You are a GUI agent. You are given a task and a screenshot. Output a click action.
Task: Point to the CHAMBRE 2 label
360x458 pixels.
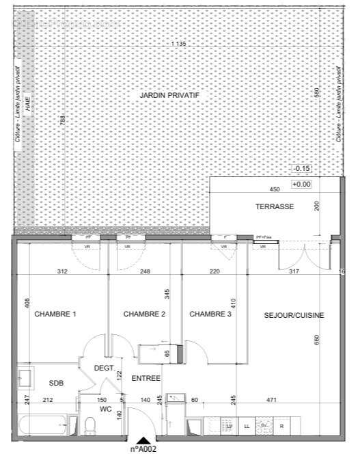pyautogui.click(x=144, y=314)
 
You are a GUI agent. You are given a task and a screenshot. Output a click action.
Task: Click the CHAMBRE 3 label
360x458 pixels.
pyautogui.click(x=210, y=314)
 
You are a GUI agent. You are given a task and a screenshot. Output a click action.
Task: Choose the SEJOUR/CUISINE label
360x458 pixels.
pyautogui.click(x=294, y=315)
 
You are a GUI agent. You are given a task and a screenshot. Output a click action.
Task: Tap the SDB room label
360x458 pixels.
pyautogui.click(x=56, y=383)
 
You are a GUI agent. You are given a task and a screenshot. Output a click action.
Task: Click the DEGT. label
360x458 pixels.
pyautogui.click(x=104, y=368)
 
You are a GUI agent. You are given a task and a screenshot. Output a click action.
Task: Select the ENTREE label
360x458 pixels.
pyautogui.click(x=146, y=378)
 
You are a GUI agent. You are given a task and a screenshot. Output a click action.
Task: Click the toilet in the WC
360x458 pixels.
pyautogui.click(x=89, y=425)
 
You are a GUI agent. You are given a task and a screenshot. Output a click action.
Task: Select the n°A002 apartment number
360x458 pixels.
pyautogui.click(x=143, y=450)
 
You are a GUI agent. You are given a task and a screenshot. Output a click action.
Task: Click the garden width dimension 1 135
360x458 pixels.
pyautogui.click(x=178, y=44)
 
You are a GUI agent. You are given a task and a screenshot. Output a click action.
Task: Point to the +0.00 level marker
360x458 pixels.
pyautogui.click(x=301, y=184)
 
